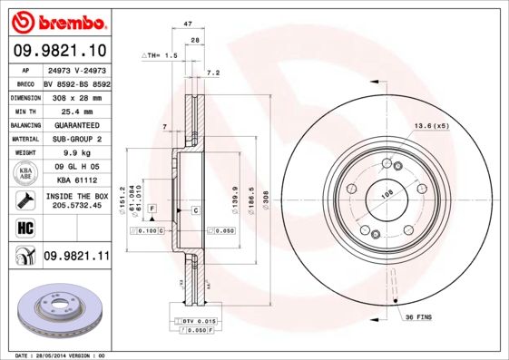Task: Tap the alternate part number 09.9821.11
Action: pyautogui.click(x=76, y=257)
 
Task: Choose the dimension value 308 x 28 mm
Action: pyautogui.click(x=75, y=96)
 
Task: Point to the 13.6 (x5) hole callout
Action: pyautogui.click(x=432, y=125)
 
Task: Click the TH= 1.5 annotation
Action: pyautogui.click(x=161, y=55)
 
